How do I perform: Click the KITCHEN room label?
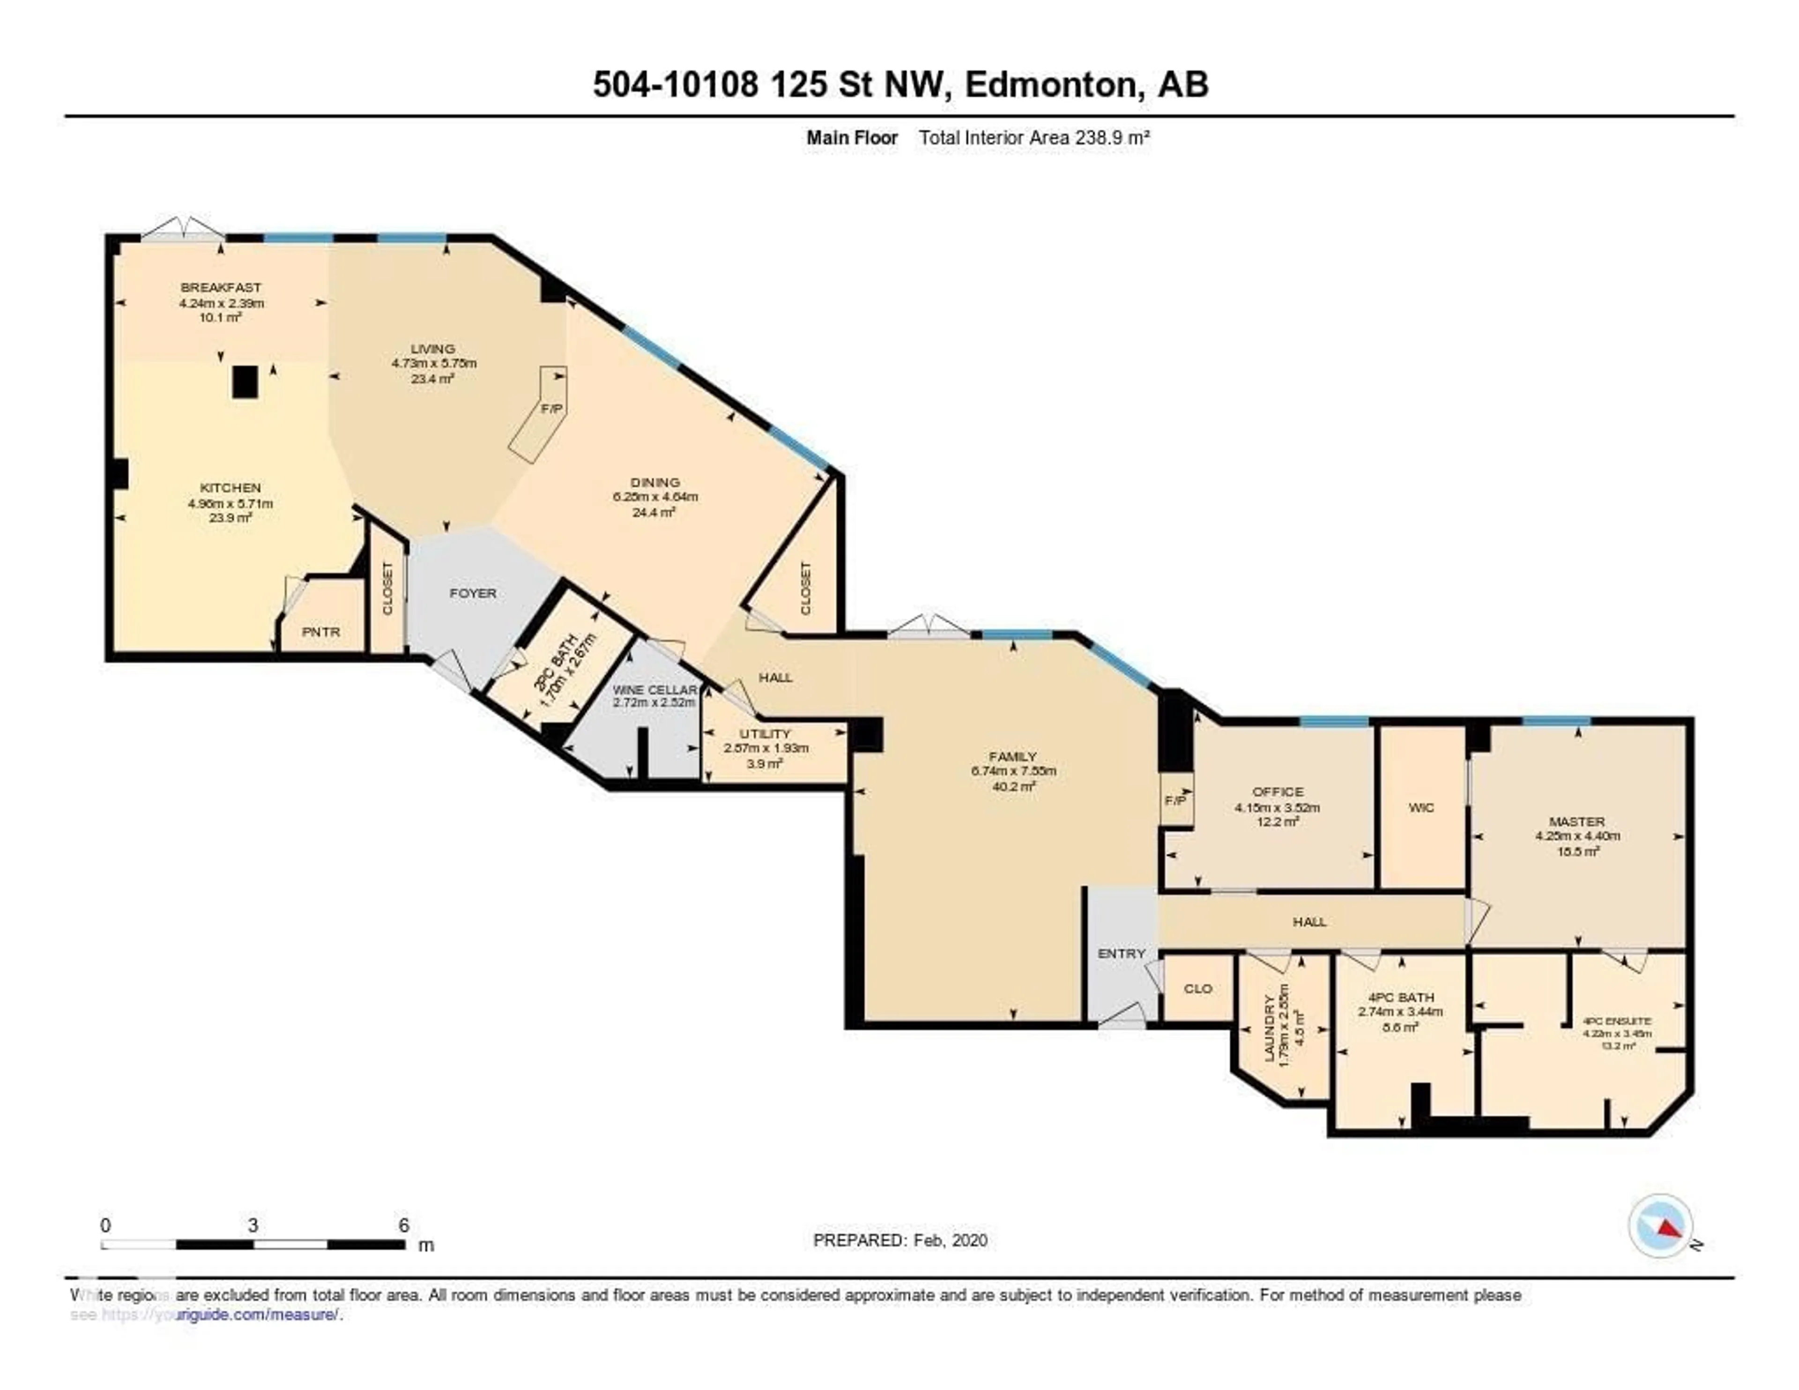[230, 488]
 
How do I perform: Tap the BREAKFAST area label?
[221, 288]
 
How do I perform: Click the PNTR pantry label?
[320, 632]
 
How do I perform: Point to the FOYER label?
[473, 593]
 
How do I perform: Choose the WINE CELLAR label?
[655, 690]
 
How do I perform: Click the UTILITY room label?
[765, 733]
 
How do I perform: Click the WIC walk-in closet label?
[1421, 807]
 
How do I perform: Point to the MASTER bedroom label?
[1576, 822]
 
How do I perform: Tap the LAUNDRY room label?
[1269, 1027]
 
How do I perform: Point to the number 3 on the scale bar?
[253, 1225]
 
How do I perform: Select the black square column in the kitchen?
[245, 382]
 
